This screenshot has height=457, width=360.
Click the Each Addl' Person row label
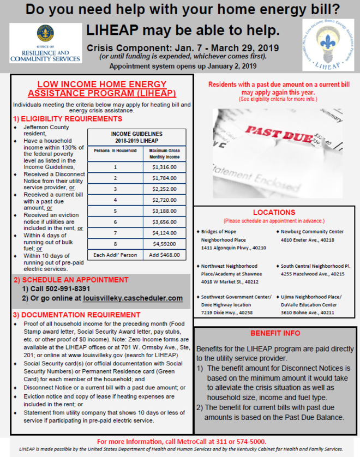click(x=115, y=255)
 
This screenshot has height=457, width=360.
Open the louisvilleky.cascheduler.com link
click(x=133, y=298)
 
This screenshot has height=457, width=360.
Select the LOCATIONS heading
click(x=274, y=212)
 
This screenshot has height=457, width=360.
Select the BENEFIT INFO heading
click(x=275, y=333)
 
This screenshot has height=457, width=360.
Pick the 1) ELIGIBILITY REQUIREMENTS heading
click(x=68, y=118)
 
